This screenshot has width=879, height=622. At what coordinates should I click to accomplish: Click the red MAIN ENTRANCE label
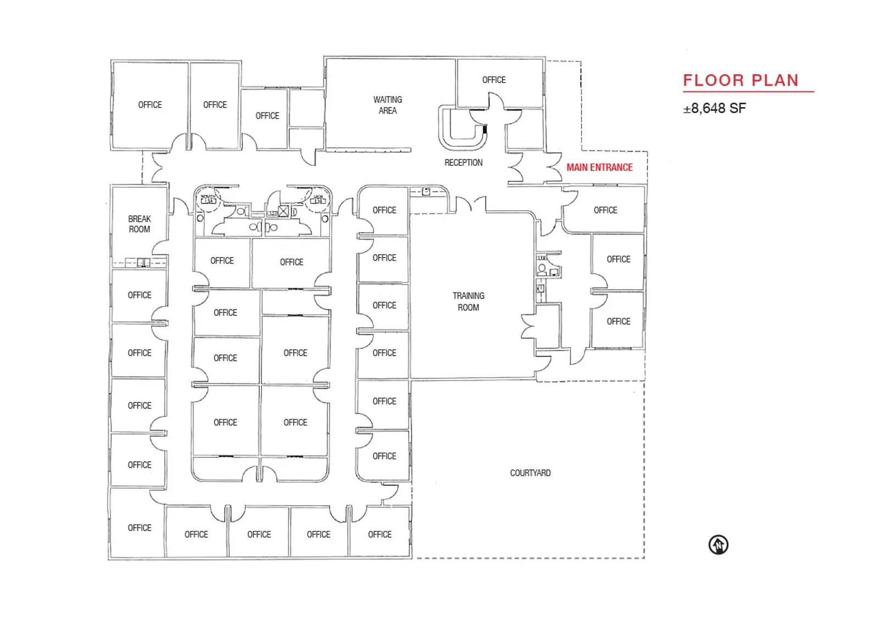click(599, 167)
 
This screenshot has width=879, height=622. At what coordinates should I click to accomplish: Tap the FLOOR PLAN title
click(741, 81)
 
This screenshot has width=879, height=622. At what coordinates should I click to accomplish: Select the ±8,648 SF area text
click(714, 109)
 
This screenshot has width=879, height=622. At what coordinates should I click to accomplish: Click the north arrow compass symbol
click(718, 545)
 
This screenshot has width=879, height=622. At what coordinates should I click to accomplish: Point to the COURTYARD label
click(530, 473)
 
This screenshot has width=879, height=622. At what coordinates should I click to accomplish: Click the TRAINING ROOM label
click(468, 301)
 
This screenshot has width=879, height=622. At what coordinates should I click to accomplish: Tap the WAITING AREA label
click(387, 105)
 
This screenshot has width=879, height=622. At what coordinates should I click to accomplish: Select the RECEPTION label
click(463, 162)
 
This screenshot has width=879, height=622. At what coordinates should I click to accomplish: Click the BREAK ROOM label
click(139, 224)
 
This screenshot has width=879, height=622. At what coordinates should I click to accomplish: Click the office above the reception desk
click(493, 80)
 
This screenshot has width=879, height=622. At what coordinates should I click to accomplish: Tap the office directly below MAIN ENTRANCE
click(605, 210)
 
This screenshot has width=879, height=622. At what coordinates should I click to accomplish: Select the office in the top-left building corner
click(149, 105)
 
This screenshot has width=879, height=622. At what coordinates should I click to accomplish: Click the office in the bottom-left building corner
click(139, 528)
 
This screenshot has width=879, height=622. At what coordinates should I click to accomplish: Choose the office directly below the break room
click(139, 295)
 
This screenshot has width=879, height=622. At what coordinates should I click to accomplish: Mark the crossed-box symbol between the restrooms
click(283, 211)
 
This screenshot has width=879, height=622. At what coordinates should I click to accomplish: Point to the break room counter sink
click(143, 262)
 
